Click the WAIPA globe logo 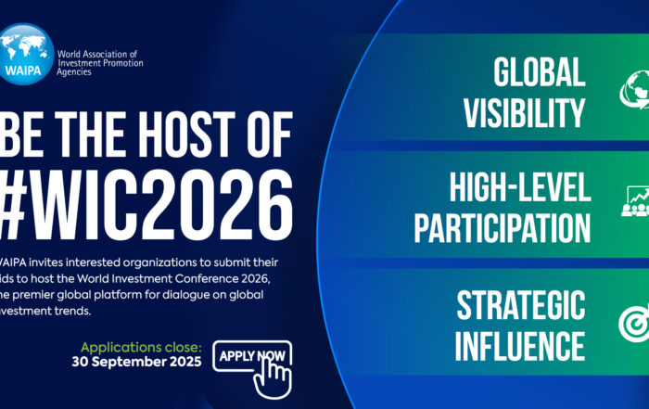(27, 54)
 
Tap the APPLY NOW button (252, 356)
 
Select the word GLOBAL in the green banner (540, 72)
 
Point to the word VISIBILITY (525, 112)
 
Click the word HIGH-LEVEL (520, 187)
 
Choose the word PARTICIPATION (503, 227)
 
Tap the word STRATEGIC (521, 305)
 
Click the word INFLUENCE (520, 346)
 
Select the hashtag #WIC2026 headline (146, 205)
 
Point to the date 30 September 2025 (136, 362)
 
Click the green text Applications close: (141, 347)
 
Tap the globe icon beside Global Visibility (634, 90)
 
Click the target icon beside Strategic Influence (634, 323)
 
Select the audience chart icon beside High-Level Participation (635, 201)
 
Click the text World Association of (97, 54)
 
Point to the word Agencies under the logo (74, 72)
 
